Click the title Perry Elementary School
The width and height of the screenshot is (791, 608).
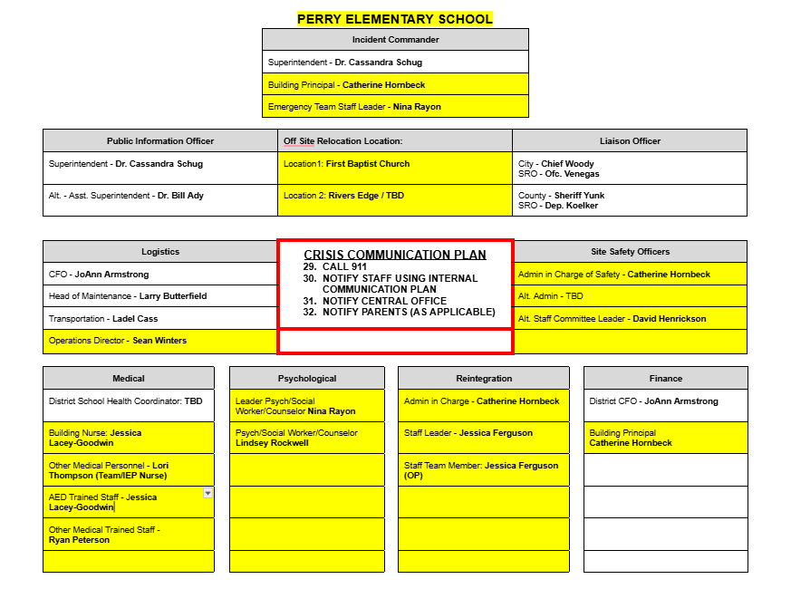click(x=395, y=18)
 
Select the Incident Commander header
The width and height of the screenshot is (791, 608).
click(x=395, y=40)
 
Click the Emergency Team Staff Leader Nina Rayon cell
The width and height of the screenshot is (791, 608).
click(x=395, y=107)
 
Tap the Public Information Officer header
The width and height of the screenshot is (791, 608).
click(x=160, y=140)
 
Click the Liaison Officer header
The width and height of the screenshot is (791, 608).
click(x=630, y=140)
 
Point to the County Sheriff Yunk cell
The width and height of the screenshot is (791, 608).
click(x=630, y=200)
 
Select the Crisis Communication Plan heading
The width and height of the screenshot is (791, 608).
click(x=395, y=255)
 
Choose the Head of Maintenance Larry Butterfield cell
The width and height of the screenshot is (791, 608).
click(x=159, y=296)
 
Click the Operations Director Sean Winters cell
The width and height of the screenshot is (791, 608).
click(x=159, y=341)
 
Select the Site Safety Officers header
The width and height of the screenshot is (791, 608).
click(x=630, y=251)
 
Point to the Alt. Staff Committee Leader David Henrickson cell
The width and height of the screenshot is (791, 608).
click(x=630, y=319)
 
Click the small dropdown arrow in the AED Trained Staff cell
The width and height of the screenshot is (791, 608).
click(x=207, y=493)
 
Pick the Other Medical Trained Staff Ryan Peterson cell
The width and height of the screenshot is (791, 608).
click(x=129, y=535)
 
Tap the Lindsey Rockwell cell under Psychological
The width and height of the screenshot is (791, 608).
click(x=306, y=438)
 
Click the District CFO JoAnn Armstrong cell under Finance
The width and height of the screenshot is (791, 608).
click(x=665, y=401)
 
